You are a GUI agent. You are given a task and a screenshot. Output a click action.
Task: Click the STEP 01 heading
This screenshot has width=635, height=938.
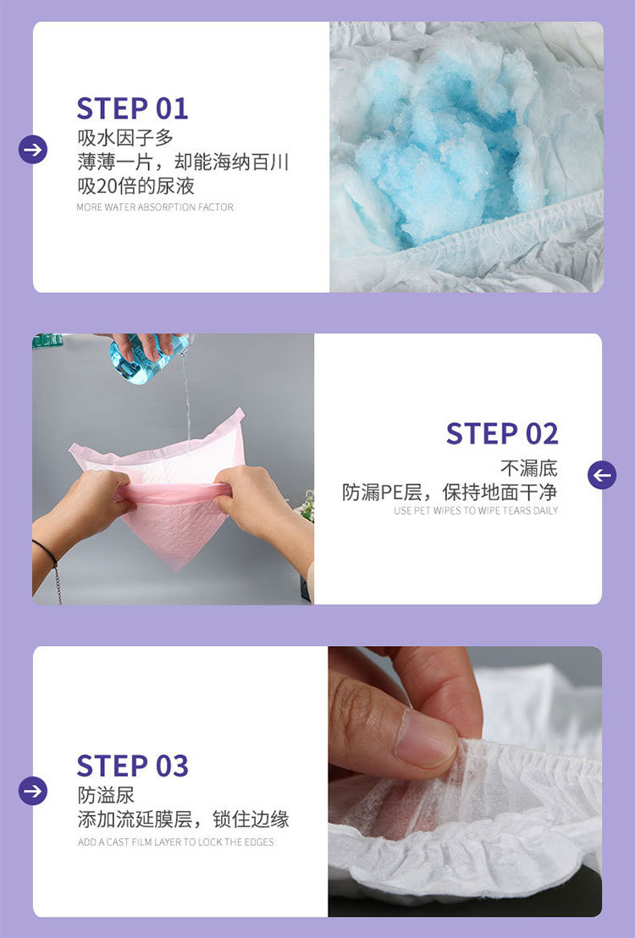(x=132, y=109)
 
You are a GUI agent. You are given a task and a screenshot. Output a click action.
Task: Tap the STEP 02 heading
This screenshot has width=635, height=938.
(x=502, y=433)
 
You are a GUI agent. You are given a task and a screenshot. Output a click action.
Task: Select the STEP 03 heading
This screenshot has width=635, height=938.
(x=132, y=765)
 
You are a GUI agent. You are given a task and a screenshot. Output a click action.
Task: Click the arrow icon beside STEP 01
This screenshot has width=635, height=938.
(x=33, y=149)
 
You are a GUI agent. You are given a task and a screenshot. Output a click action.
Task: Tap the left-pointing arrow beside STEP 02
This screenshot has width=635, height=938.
(x=601, y=475)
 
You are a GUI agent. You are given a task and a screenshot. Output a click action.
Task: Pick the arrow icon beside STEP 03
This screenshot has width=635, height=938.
(x=33, y=791)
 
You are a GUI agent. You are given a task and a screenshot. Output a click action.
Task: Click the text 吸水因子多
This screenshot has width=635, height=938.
(x=125, y=138)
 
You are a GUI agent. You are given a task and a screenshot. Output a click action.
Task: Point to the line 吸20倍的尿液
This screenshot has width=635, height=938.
(x=135, y=186)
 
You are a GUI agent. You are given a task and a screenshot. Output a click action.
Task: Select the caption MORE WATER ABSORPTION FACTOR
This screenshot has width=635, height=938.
(x=155, y=207)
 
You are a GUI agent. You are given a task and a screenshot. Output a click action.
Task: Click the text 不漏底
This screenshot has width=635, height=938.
(x=529, y=468)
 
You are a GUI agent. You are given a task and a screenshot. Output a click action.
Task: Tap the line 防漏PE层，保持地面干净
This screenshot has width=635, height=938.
(x=450, y=493)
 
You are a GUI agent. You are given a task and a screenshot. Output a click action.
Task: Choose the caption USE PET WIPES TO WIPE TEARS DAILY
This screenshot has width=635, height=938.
(x=476, y=510)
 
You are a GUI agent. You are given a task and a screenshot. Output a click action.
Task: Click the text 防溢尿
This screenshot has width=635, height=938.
(x=106, y=795)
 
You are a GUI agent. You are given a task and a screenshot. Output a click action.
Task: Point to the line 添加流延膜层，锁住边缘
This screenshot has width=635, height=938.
(x=183, y=819)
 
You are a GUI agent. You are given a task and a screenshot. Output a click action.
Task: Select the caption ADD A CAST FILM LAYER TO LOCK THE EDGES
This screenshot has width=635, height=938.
(x=176, y=841)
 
